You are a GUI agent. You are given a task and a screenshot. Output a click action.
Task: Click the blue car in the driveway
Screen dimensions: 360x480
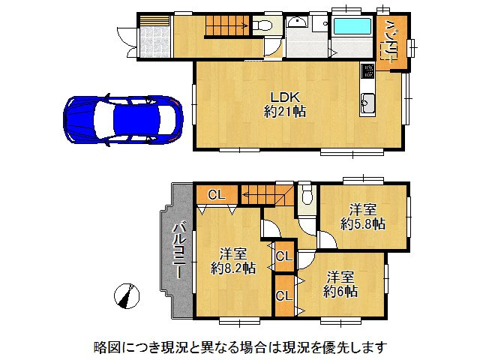123,119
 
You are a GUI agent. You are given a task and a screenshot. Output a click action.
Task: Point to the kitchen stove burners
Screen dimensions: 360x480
369,73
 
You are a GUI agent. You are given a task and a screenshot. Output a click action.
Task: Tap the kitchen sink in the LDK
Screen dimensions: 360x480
368,103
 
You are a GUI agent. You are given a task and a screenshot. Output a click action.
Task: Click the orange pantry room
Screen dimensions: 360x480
391,40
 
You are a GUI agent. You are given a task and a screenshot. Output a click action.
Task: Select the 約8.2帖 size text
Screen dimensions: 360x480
233,267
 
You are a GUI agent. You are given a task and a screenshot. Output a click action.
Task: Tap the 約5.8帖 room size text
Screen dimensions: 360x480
362,223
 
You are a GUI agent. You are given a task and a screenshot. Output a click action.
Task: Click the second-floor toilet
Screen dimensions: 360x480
305,196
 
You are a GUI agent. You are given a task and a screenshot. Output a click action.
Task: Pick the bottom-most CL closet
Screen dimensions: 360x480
283,295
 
